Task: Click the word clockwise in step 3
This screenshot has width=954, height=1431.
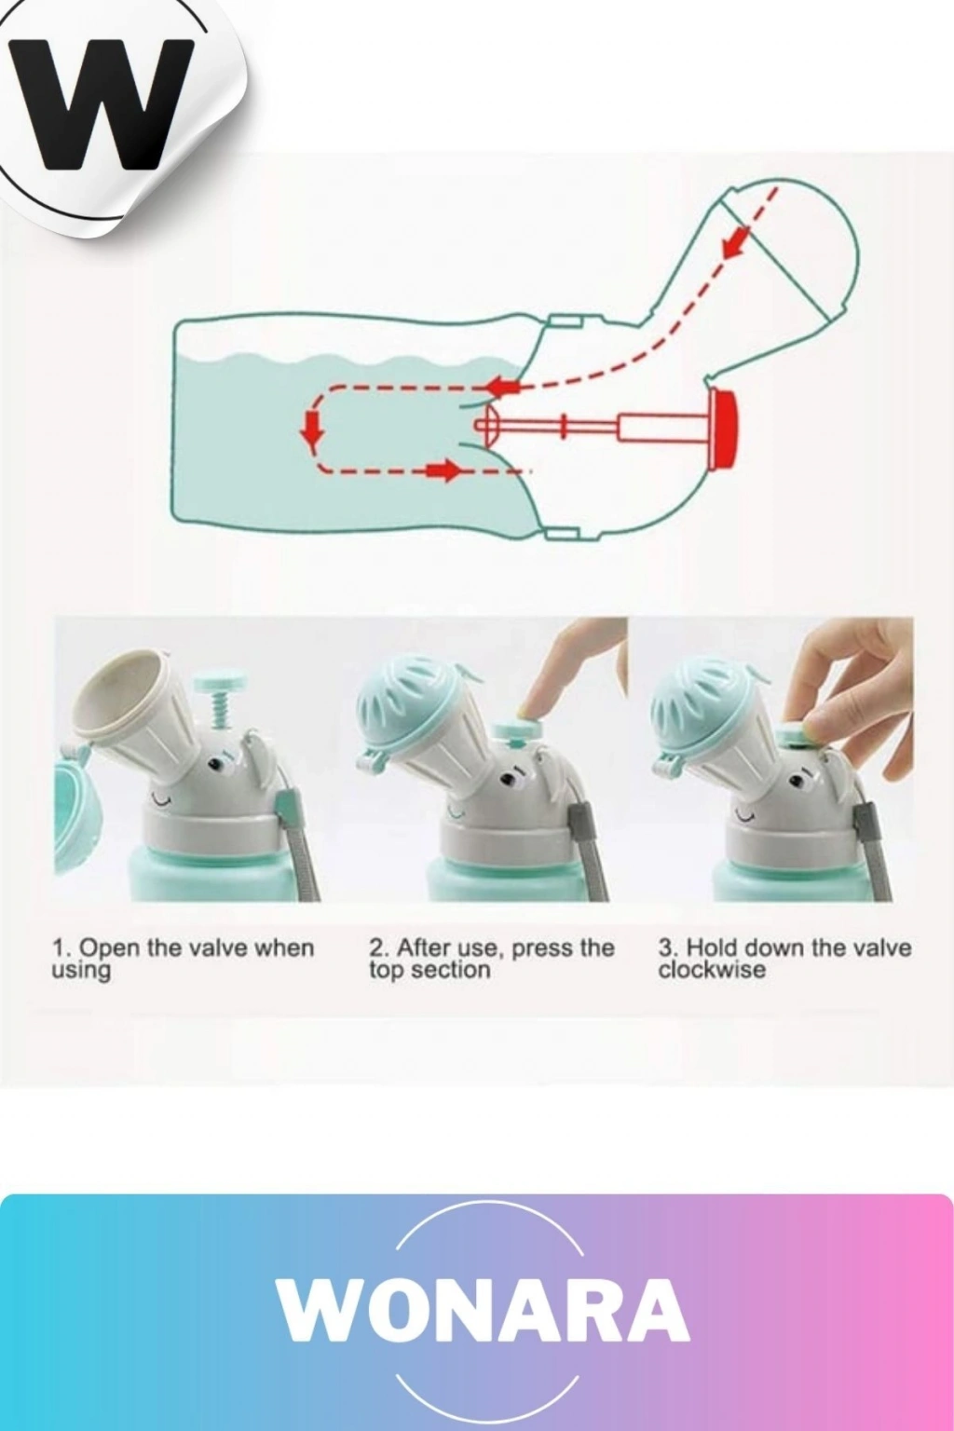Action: (712, 970)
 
